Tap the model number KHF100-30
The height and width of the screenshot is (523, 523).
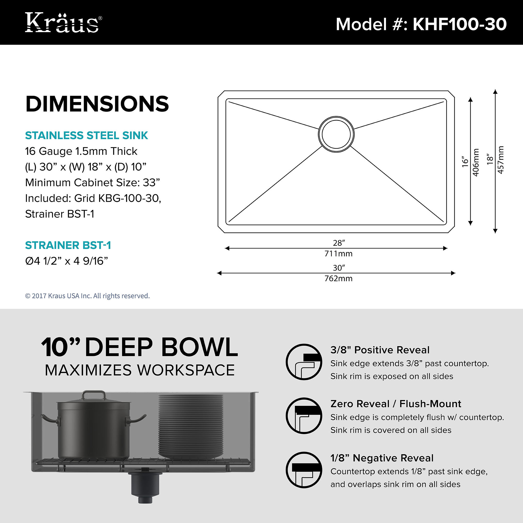(459, 24)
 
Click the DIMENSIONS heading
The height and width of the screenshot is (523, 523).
(97, 104)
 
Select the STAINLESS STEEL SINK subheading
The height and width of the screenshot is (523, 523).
(87, 135)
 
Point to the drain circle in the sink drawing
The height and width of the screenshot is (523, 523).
(336, 134)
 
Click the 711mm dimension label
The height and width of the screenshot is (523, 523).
(338, 254)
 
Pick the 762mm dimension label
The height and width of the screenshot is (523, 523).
(338, 278)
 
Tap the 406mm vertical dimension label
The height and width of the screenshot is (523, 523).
(476, 162)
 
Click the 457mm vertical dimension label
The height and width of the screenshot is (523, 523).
(501, 160)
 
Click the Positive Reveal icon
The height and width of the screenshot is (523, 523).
(304, 362)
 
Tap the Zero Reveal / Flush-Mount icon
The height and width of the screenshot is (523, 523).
(304, 416)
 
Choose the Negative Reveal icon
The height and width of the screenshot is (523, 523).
(304, 470)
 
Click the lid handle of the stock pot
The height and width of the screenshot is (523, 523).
(94, 395)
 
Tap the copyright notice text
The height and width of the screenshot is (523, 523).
(87, 296)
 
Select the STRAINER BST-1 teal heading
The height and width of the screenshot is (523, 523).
(68, 245)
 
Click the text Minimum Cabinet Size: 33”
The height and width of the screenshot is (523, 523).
(93, 183)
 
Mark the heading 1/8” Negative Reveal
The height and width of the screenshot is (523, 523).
(382, 458)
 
